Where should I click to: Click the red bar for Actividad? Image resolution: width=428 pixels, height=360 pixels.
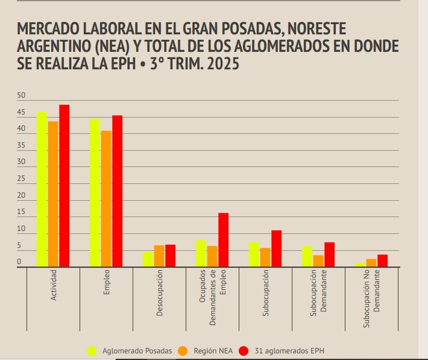64,186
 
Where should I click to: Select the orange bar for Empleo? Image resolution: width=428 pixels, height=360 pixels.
106,198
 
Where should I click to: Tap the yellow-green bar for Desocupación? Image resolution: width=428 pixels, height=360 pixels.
148,259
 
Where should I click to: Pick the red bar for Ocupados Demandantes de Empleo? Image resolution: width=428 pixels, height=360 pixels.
223,239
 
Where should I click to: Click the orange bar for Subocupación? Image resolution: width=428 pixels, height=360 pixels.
265,257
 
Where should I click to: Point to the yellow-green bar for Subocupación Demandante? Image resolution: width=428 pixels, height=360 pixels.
307,256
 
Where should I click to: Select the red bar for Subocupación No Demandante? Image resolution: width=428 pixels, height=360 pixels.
382,261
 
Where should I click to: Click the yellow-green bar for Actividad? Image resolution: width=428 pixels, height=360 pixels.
42,189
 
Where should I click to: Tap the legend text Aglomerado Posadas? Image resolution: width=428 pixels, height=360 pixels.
137,350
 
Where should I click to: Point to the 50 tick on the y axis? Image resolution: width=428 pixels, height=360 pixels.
22,96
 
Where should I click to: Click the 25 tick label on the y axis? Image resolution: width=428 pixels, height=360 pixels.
22,179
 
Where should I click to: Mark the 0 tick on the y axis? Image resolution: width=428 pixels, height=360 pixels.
19,262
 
